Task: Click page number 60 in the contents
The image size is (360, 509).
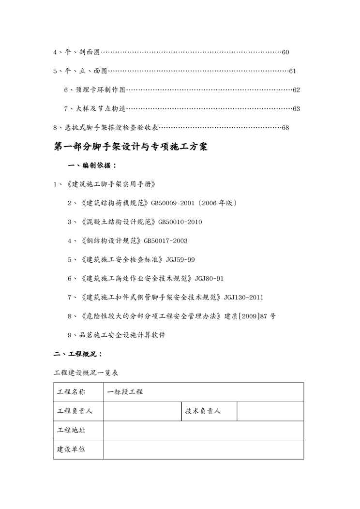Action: tap(285, 52)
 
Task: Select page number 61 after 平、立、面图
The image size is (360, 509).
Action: tap(292, 71)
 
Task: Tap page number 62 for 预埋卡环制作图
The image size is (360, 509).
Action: tap(296, 90)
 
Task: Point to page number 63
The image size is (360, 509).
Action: tap(296, 109)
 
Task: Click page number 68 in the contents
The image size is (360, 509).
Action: tap(285, 128)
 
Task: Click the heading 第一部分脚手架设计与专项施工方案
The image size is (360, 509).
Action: tap(130, 147)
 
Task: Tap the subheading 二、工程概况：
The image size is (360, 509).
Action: tap(77, 354)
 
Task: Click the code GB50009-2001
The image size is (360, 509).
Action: tap(173, 203)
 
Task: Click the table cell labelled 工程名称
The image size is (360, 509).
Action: tap(71, 392)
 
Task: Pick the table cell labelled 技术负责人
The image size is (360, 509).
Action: tap(203, 411)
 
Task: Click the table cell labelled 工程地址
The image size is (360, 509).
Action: tap(71, 430)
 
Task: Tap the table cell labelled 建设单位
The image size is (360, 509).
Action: tap(71, 449)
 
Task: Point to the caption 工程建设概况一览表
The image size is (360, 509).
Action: tap(86, 373)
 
